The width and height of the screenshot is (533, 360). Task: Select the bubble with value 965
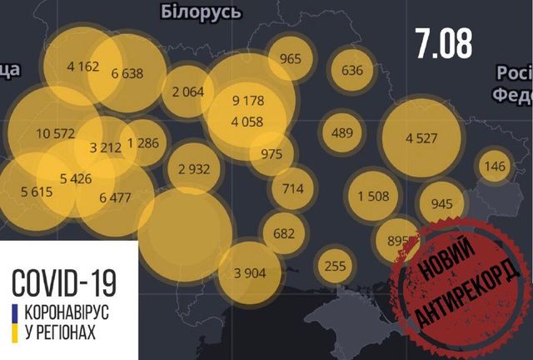click(291, 58)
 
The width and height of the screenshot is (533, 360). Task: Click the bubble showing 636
click(352, 70)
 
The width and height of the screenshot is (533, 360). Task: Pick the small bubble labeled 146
click(495, 167)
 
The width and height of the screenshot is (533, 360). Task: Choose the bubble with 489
click(342, 132)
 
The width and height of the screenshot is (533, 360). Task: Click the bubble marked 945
click(442, 202)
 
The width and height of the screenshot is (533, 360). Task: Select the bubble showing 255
click(336, 264)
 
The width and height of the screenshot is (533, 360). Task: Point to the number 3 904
click(250, 271)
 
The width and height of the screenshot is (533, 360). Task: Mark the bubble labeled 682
click(284, 233)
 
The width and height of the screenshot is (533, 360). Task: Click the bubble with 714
click(292, 188)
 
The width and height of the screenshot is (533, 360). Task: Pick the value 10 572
click(56, 133)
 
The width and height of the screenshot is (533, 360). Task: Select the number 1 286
click(140, 142)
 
